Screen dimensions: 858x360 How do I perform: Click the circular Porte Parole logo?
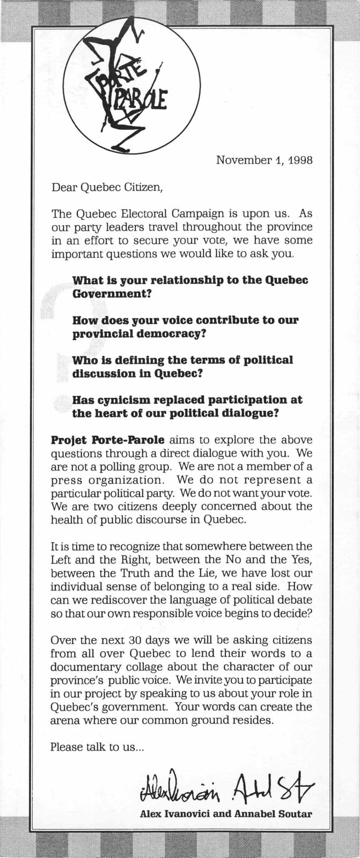134,86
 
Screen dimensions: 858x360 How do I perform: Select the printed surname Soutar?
293,813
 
